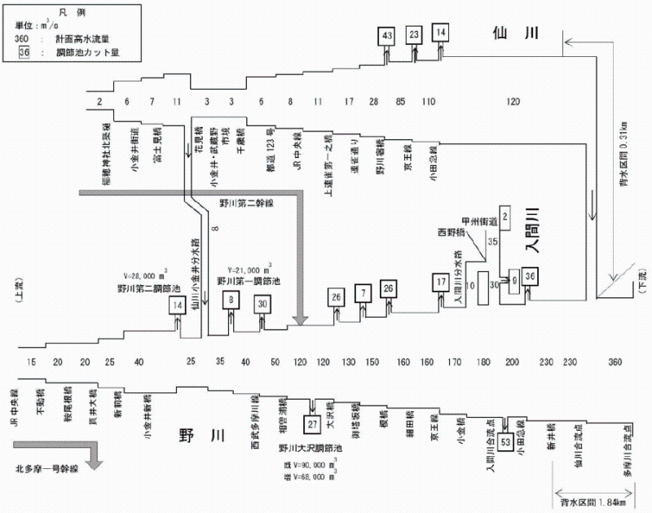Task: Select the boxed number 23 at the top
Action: [414, 34]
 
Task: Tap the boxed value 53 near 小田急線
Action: [506, 441]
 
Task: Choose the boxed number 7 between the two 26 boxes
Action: [362, 292]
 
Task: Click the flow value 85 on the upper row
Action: [402, 101]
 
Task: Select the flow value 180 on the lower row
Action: [483, 361]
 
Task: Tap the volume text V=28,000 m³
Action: [148, 276]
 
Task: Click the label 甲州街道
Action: [478, 219]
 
